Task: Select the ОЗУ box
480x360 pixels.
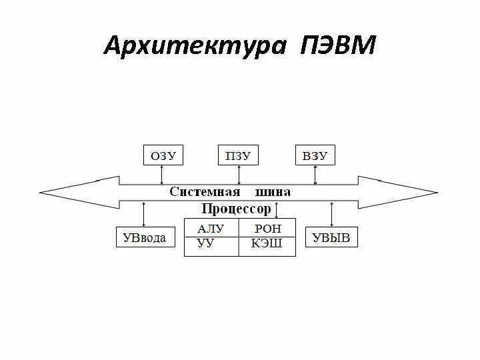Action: [x=163, y=156]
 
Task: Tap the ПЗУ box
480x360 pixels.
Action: [x=238, y=156]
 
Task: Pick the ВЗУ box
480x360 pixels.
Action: [x=315, y=156]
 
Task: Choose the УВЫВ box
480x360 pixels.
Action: [x=331, y=237]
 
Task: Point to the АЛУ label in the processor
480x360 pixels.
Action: [x=211, y=229]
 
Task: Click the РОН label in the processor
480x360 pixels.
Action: [x=268, y=229]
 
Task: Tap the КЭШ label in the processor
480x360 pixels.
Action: [x=267, y=243]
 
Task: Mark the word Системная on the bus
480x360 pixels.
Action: [x=204, y=192]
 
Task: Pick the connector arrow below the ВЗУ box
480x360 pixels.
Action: [x=316, y=175]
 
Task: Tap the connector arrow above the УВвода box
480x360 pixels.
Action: [x=144, y=214]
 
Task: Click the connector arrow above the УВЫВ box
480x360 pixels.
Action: [x=331, y=214]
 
